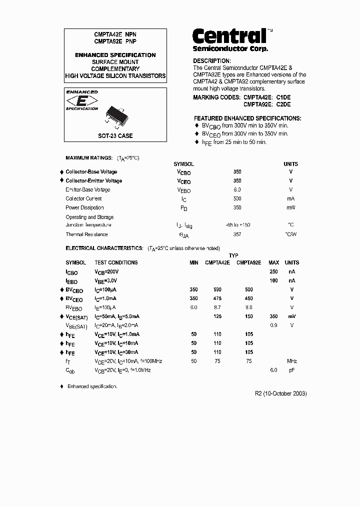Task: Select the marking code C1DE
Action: click(283, 97)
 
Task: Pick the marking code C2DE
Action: click(283, 104)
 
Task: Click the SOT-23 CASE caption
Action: click(115, 135)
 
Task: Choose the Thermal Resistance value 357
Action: click(237, 234)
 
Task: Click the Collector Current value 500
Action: click(237, 198)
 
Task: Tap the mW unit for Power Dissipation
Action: click(290, 207)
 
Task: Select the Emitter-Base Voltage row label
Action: click(88, 189)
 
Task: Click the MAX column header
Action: click(273, 262)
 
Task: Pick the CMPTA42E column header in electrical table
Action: click(217, 262)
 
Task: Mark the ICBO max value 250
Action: click(273, 271)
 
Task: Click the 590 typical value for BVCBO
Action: click(217, 289)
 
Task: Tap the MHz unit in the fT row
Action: click(291, 361)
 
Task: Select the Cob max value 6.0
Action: click(273, 370)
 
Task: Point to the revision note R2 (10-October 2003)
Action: click(281, 393)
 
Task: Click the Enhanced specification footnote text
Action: click(92, 386)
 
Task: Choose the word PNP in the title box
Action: click(131, 42)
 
